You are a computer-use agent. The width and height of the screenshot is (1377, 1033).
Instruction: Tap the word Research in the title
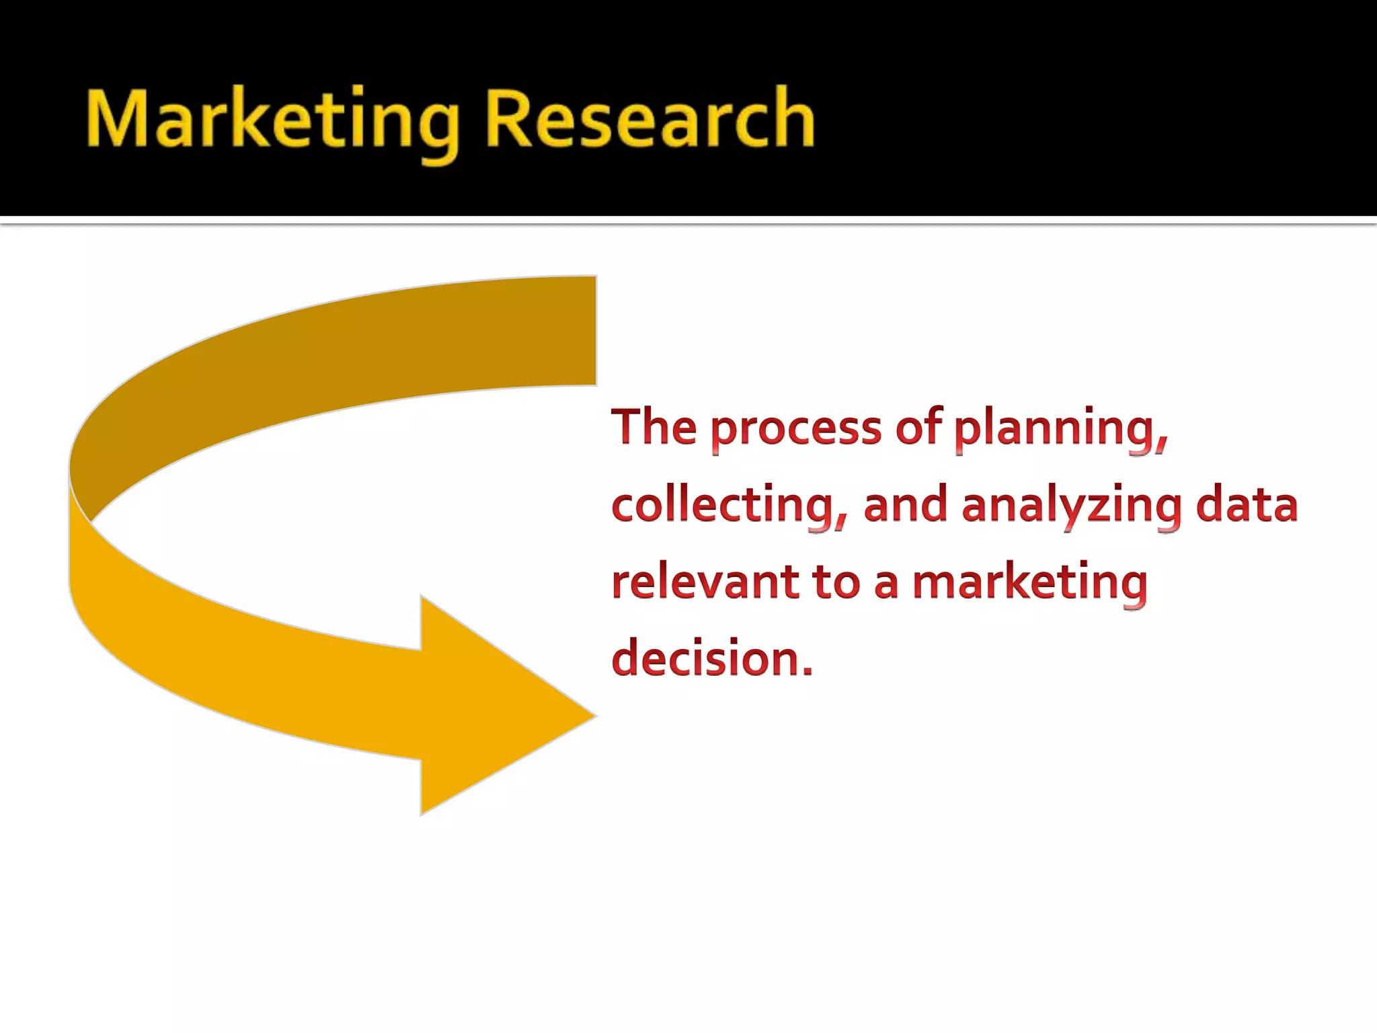[x=649, y=120]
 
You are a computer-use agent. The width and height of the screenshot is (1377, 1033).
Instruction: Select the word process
[x=795, y=430]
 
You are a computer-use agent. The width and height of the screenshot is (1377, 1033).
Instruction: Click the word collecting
[x=723, y=506]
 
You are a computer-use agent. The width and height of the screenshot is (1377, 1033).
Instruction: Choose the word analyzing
[x=1072, y=508]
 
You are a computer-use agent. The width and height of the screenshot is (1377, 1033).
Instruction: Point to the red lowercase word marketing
[x=1029, y=584]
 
